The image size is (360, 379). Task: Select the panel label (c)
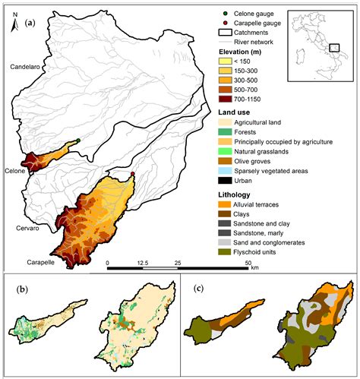coord(198,289)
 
